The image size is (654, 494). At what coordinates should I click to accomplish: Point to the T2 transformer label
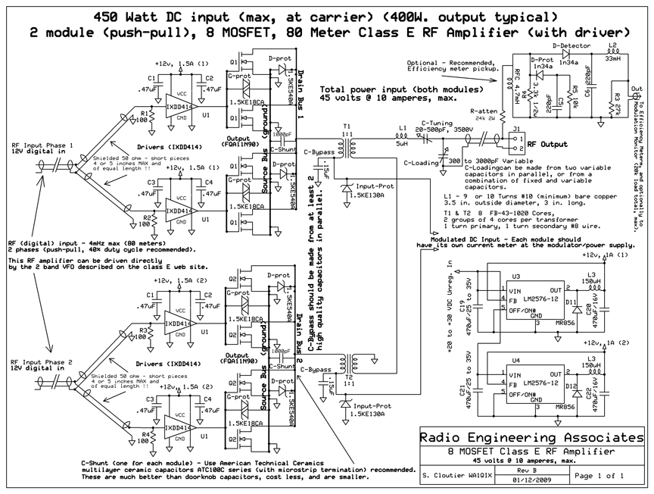click(347, 376)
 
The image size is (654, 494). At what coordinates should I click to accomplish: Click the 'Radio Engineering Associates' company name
click(533, 437)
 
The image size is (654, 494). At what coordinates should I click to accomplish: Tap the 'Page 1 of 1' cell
click(599, 476)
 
